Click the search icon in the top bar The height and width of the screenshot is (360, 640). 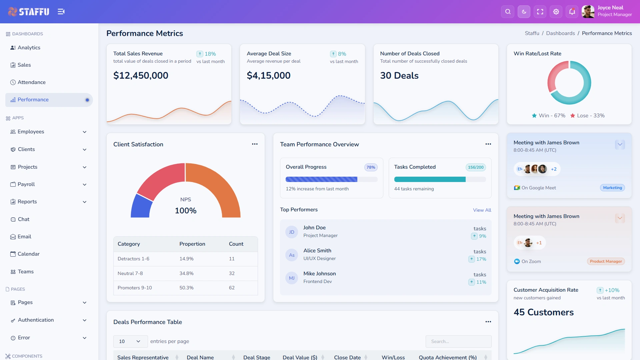pyautogui.click(x=508, y=12)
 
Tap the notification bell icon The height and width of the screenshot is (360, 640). pyautogui.click(x=572, y=12)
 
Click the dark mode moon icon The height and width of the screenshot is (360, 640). pyautogui.click(x=524, y=12)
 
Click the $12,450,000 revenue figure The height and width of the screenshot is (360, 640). pyautogui.click(x=141, y=76)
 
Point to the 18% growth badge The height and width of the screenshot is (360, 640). pyautogui.click(x=206, y=54)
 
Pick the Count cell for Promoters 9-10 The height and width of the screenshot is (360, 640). pyautogui.click(x=232, y=288)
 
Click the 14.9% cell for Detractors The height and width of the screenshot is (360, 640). pyautogui.click(x=186, y=259)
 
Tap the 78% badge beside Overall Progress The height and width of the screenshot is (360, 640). pyautogui.click(x=371, y=167)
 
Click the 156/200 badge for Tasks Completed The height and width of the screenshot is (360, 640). pyautogui.click(x=476, y=167)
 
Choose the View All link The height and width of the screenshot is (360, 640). pyautogui.click(x=482, y=210)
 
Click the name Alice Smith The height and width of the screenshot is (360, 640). pyautogui.click(x=317, y=251)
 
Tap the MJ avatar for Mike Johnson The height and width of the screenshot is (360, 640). pyautogui.click(x=292, y=278)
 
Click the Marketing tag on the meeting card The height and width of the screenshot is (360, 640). pyautogui.click(x=612, y=188)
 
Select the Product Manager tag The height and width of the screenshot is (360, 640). pyautogui.click(x=606, y=261)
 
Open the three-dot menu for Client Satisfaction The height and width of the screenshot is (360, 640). pyautogui.click(x=255, y=144)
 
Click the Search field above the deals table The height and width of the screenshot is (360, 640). pyautogui.click(x=458, y=341)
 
